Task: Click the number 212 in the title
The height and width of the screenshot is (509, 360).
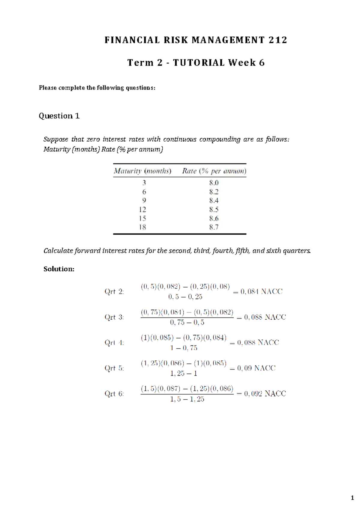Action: pos(278,40)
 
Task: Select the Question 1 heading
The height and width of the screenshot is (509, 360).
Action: pos(59,116)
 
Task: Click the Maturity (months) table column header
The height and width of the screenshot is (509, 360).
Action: pos(142,171)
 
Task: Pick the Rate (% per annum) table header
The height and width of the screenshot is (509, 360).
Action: pos(214,171)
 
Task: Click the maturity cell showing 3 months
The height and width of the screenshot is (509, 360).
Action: pos(144,182)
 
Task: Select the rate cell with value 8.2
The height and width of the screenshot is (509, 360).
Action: pos(214,191)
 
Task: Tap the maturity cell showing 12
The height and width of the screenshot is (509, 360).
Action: pos(142,209)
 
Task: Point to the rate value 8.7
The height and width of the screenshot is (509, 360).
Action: pos(214,227)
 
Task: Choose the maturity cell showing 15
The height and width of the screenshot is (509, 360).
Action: pos(142,218)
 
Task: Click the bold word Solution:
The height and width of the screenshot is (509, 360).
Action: pos(59,269)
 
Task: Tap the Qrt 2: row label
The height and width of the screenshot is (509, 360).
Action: pos(114,291)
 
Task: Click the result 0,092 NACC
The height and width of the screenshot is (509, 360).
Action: pos(261,393)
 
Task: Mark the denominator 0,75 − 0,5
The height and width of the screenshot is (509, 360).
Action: pos(187,323)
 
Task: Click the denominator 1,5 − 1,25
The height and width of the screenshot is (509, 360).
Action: pos(187,399)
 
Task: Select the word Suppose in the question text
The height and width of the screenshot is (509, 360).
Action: pos(56,139)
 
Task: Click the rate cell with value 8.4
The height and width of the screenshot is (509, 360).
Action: pos(214,200)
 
